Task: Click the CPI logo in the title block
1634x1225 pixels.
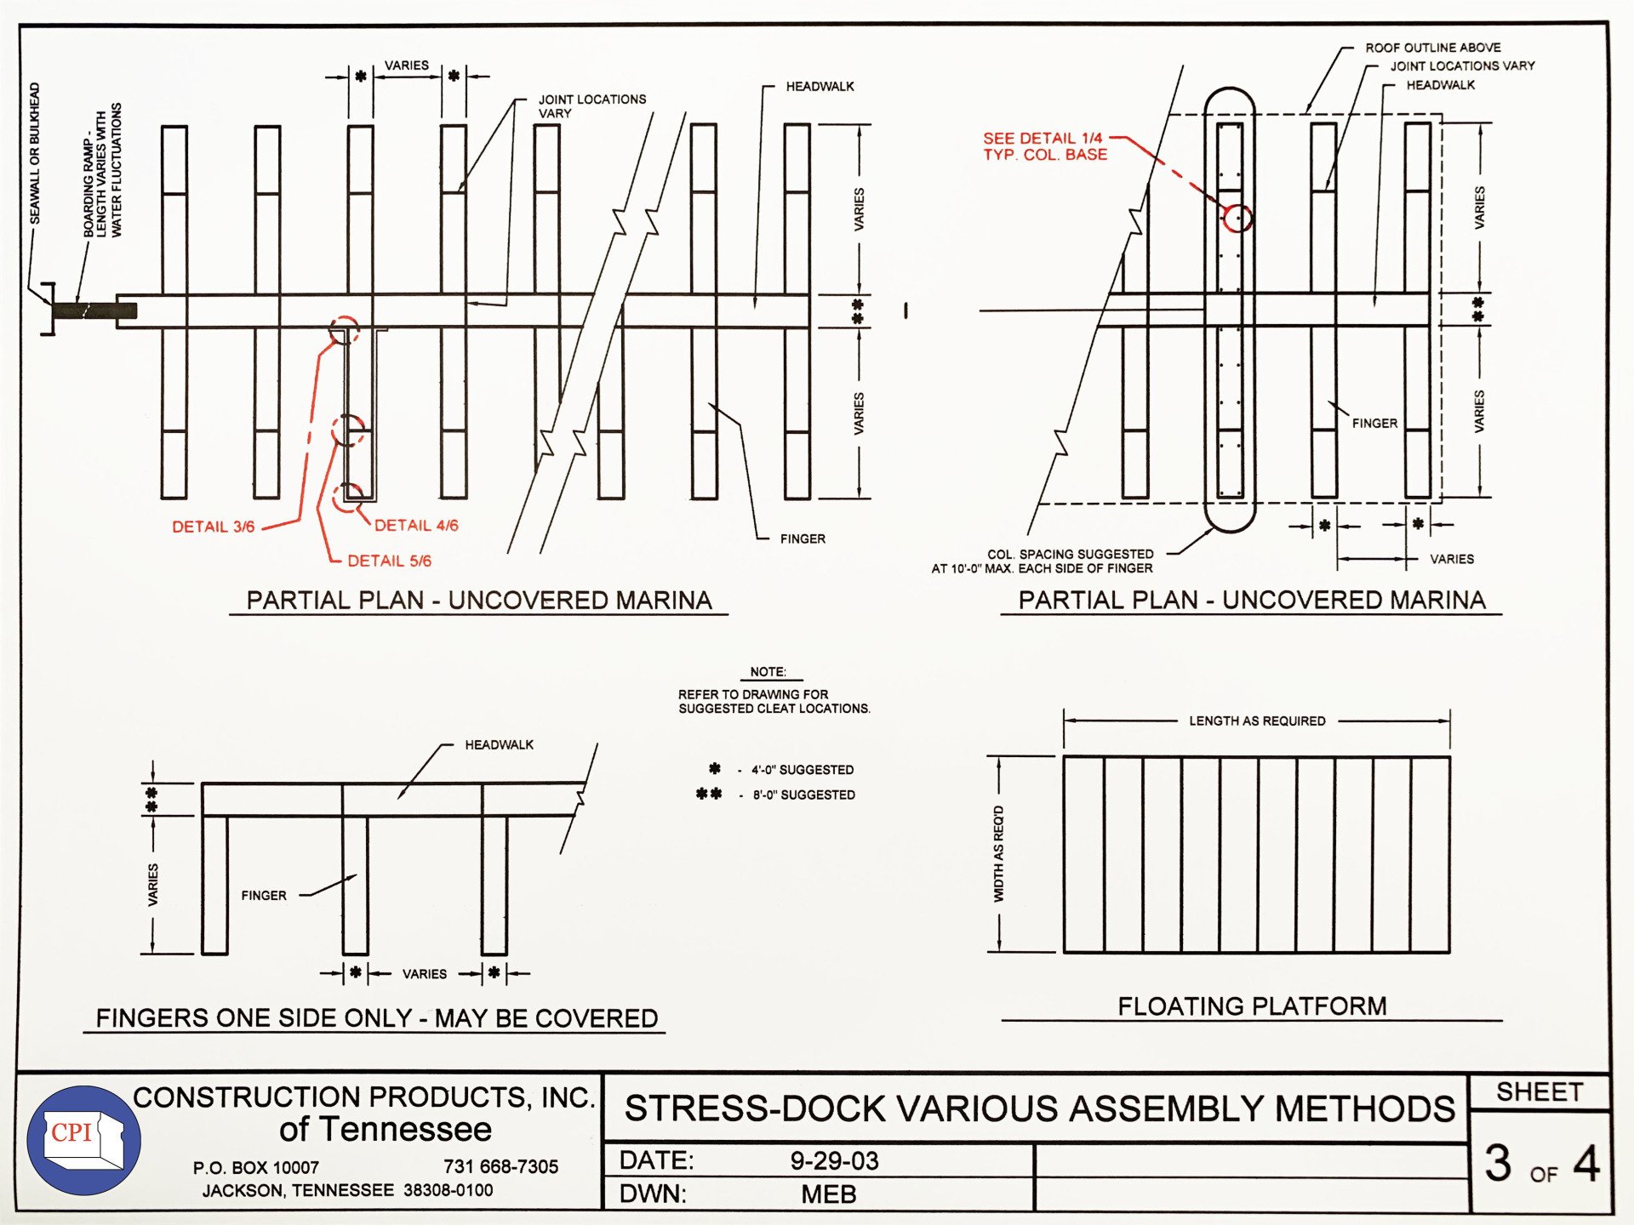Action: pyautogui.click(x=83, y=1140)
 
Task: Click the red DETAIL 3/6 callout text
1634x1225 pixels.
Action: pyautogui.click(x=213, y=527)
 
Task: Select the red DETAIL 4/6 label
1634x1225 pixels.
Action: pyautogui.click(x=416, y=526)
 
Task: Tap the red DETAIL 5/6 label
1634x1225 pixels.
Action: pyautogui.click(x=389, y=561)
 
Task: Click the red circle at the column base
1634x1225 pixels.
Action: pyautogui.click(x=1237, y=218)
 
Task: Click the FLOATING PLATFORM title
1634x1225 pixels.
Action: pyautogui.click(x=1251, y=1006)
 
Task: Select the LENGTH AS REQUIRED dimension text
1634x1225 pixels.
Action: pyautogui.click(x=1257, y=721)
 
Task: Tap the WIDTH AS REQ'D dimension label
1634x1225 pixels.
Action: pyautogui.click(x=999, y=853)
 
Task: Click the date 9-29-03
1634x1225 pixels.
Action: pyautogui.click(x=834, y=1160)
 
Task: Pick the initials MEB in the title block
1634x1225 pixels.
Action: pyautogui.click(x=828, y=1194)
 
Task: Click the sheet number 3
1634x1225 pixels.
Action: pyautogui.click(x=1499, y=1163)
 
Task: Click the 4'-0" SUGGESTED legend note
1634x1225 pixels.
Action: pyautogui.click(x=802, y=770)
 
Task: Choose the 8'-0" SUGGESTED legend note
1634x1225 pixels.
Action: pyautogui.click(x=803, y=795)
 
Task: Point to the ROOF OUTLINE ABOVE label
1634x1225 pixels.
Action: pyautogui.click(x=1432, y=48)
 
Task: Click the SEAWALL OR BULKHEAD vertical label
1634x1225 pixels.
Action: pyautogui.click(x=35, y=153)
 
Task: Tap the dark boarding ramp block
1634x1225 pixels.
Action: pyautogui.click(x=94, y=311)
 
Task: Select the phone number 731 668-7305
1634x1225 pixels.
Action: pyautogui.click(x=500, y=1166)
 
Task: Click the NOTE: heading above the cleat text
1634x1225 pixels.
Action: pyautogui.click(x=768, y=671)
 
